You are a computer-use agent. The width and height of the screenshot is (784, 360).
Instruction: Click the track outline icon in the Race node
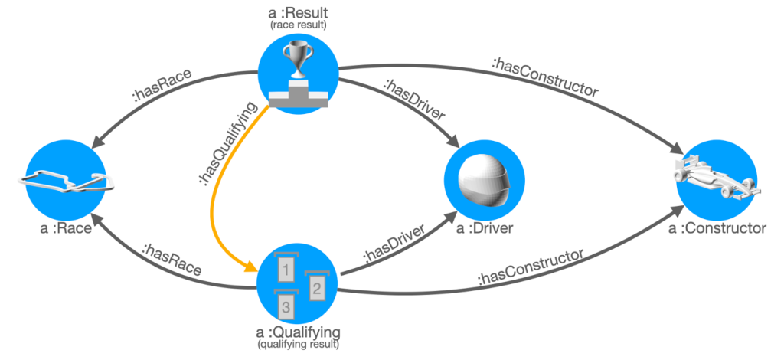(67, 182)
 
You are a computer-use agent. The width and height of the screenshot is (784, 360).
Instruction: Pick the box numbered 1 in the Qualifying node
(285, 268)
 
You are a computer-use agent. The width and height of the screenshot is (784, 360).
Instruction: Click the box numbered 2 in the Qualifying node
(316, 286)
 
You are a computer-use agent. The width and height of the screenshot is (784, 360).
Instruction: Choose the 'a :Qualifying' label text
(299, 332)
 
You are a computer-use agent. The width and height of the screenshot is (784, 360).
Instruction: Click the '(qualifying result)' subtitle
(299, 346)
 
